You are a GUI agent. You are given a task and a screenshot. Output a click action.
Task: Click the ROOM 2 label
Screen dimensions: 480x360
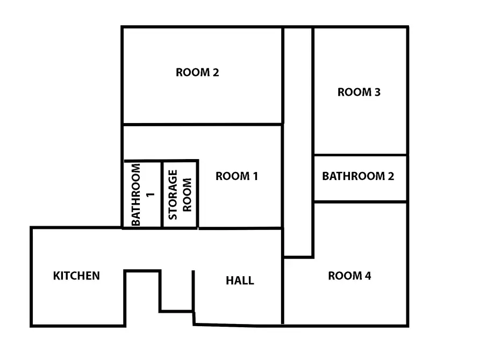197,73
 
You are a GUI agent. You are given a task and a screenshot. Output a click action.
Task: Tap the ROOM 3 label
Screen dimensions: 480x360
359,92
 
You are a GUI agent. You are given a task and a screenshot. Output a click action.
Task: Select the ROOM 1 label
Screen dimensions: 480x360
237,176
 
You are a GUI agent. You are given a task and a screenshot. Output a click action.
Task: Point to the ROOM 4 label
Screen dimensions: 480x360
349,276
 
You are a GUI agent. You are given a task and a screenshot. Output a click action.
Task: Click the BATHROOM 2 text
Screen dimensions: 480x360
358,176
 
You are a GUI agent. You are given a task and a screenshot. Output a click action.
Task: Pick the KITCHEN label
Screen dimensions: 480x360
76,276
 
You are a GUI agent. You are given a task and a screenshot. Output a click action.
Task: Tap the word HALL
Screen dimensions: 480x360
240,280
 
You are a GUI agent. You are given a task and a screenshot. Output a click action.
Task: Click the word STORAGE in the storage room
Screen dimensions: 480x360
173,195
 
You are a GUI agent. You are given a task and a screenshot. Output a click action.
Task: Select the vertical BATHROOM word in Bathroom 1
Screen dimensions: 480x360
135,195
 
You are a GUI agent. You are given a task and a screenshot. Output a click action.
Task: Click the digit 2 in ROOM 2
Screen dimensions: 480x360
216,73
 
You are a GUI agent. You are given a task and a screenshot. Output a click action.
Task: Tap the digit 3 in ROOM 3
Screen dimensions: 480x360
377,92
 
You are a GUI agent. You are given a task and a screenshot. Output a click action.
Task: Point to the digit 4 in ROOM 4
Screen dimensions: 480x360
368,276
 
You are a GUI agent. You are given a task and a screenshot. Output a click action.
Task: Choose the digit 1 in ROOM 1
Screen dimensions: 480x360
255,176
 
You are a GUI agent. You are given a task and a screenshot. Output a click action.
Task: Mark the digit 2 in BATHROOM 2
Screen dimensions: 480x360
391,176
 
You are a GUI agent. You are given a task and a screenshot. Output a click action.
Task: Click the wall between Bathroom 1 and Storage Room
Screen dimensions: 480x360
162,194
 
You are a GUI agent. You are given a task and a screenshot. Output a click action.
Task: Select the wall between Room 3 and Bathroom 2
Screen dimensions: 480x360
360,155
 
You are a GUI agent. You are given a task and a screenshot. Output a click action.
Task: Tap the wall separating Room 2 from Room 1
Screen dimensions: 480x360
202,124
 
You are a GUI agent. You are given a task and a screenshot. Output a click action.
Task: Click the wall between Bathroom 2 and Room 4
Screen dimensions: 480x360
360,201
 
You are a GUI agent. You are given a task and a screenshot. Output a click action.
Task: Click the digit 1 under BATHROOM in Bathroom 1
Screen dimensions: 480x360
150,195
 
